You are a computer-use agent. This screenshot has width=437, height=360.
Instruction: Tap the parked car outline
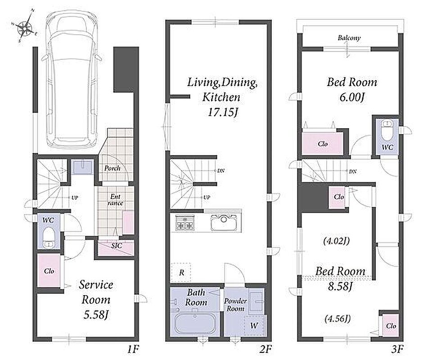coord(72,79)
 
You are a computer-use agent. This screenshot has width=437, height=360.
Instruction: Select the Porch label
coord(113,168)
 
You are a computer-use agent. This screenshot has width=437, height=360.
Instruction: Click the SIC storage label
coord(117,246)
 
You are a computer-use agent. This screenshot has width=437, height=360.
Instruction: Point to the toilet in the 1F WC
coord(49,238)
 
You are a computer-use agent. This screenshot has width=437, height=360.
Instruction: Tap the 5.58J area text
coord(96,315)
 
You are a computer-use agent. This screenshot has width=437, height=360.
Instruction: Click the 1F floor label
coord(133,349)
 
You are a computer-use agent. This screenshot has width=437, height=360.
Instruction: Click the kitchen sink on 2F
coord(224,223)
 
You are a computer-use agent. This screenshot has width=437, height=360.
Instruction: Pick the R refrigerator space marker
coord(181,273)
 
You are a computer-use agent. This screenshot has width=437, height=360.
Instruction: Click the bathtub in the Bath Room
coord(195,324)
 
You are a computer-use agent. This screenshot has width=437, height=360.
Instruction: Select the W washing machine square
coord(254,325)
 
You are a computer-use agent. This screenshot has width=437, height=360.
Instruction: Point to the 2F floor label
coord(266,349)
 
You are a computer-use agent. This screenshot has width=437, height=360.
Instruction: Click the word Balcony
coord(349,38)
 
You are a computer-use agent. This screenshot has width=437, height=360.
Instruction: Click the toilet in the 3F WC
coord(387,130)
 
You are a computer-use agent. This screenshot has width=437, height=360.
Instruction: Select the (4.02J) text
coord(337,241)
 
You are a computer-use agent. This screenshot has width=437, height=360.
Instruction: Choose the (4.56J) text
coord(338,318)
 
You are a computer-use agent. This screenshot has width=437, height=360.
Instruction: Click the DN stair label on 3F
coord(352,171)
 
